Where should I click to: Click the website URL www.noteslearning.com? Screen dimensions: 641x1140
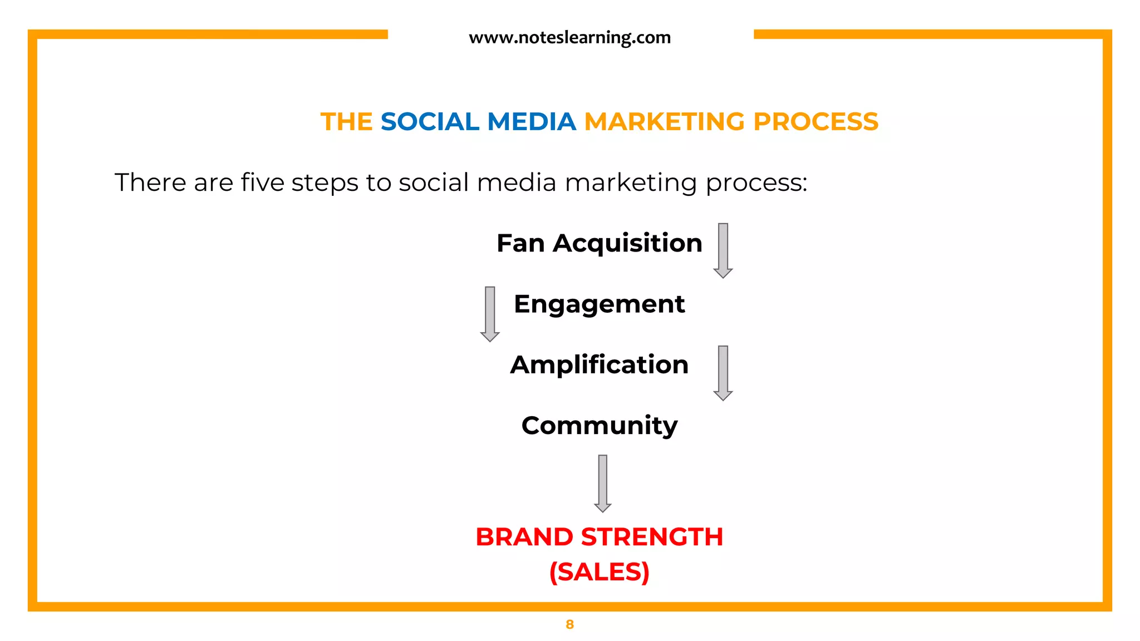pyautogui.click(x=569, y=38)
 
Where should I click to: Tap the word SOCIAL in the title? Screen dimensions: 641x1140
pyautogui.click(x=430, y=122)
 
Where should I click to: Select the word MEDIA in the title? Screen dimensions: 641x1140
pyautogui.click(x=532, y=122)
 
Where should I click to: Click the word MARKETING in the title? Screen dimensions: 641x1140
pyautogui.click(x=664, y=122)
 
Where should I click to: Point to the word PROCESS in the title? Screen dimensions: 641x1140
pyautogui.click(x=815, y=122)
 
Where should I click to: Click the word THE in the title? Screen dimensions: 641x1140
pyautogui.click(x=346, y=122)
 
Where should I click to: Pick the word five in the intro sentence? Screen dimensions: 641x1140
pyautogui.click(x=262, y=183)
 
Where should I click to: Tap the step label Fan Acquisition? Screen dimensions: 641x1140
pyautogui.click(x=600, y=244)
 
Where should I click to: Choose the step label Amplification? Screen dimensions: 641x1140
pyautogui.click(x=599, y=365)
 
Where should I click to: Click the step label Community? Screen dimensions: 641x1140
pyautogui.click(x=600, y=426)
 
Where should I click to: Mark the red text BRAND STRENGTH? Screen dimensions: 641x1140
pyautogui.click(x=599, y=537)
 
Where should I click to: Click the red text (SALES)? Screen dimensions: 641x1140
pyautogui.click(x=599, y=572)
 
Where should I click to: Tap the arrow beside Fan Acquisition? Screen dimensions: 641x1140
pyautogui.click(x=723, y=250)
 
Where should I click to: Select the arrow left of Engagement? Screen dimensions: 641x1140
pyautogui.click(x=490, y=314)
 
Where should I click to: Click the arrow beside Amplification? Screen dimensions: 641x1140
pyautogui.click(x=723, y=373)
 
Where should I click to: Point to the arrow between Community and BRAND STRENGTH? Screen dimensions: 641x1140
pyautogui.click(x=603, y=483)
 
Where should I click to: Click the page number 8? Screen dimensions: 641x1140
pyautogui.click(x=569, y=624)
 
